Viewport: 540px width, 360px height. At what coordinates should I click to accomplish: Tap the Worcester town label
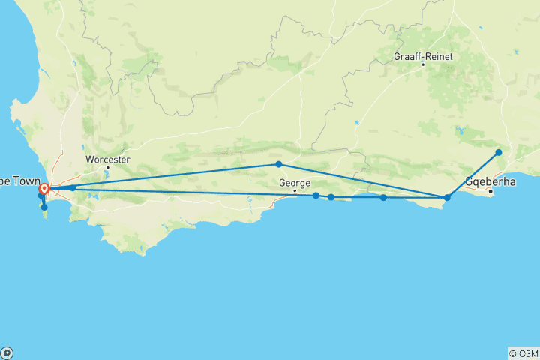pos(107,160)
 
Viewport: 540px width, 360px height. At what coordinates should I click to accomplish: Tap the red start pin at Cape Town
pos(44,190)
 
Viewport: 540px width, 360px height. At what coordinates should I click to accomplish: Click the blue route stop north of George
pos(278,164)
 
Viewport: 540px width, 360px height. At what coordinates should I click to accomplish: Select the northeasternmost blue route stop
pos(499,153)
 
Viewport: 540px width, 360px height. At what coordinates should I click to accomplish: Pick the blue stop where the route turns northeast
pos(447,198)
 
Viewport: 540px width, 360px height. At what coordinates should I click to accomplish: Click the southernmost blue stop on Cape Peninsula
pos(44,208)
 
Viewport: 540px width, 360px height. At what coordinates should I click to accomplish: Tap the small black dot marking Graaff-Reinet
pos(423,64)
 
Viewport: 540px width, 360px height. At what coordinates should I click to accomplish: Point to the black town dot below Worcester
pos(107,167)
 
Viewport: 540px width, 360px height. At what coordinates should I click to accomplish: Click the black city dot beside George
pos(295,190)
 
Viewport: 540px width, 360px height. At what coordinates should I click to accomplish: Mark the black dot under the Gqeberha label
pos(490,191)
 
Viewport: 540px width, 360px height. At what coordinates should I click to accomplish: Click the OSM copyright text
pos(523,353)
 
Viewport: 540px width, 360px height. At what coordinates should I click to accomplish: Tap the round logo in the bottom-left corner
pos(7,352)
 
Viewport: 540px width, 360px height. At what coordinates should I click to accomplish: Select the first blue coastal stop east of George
pos(316,196)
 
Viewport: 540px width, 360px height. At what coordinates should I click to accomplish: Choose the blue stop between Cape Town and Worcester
pos(72,187)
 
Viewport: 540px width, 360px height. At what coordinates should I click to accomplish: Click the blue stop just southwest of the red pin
pos(41,196)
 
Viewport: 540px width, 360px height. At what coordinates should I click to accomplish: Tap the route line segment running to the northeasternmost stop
pos(473,175)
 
